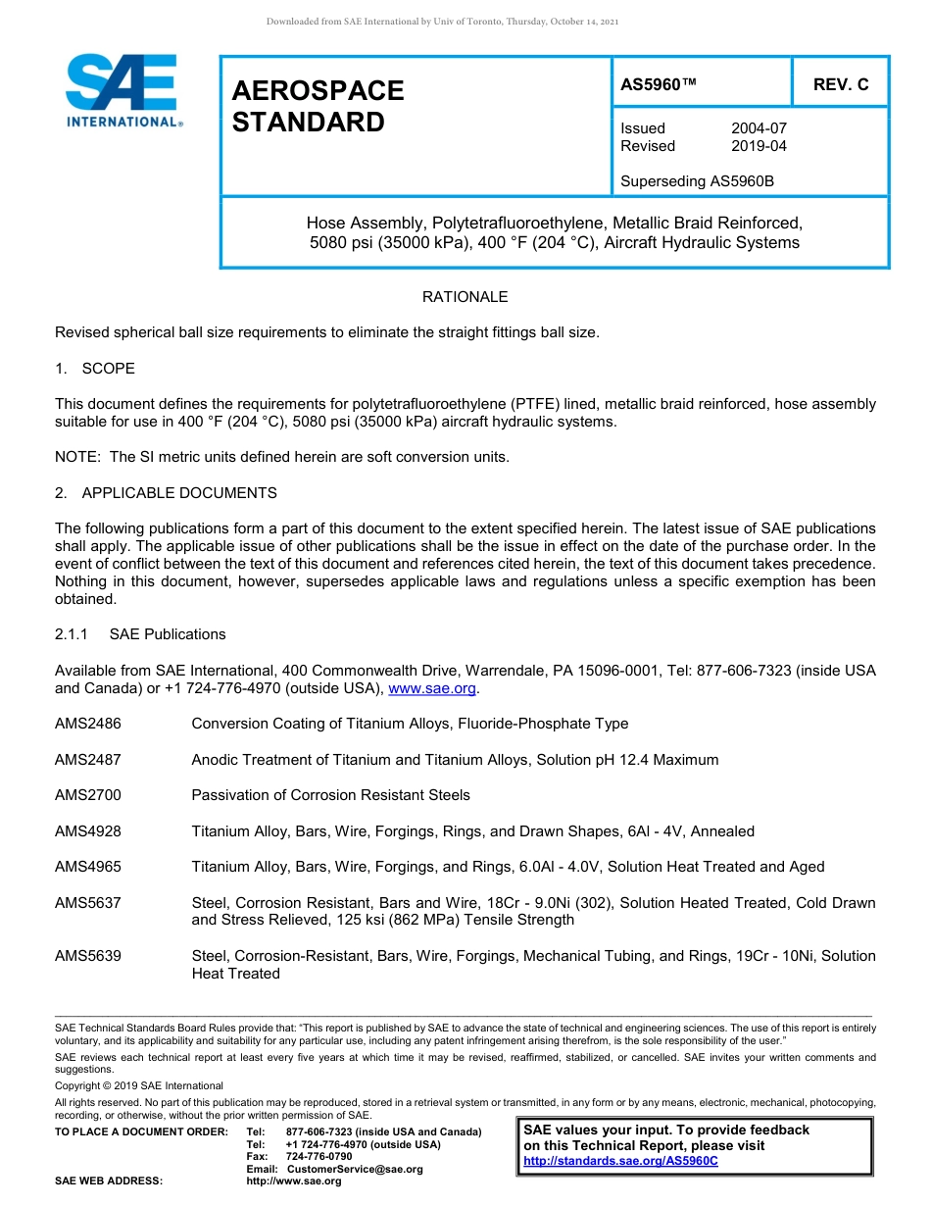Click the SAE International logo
pyautogui.click(x=122, y=90)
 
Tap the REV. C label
pyautogui.click(x=841, y=84)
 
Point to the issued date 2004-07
pyautogui.click(x=759, y=128)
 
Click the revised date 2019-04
pyautogui.click(x=759, y=146)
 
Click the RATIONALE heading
pyautogui.click(x=465, y=297)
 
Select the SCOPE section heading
pyautogui.click(x=108, y=369)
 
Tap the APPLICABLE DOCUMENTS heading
pyautogui.click(x=179, y=493)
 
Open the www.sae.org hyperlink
pyautogui.click(x=432, y=689)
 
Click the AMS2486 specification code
pyautogui.click(x=88, y=724)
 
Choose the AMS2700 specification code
pyautogui.click(x=88, y=795)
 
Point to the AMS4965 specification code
pyautogui.click(x=88, y=867)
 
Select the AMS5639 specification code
pyautogui.click(x=88, y=956)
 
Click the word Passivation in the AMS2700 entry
pyautogui.click(x=231, y=795)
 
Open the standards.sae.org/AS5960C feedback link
pyautogui.click(x=620, y=1161)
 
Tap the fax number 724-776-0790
pyautogui.click(x=318, y=1157)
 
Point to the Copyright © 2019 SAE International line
pyautogui.click(x=139, y=1085)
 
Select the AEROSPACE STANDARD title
pyautogui.click(x=318, y=106)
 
